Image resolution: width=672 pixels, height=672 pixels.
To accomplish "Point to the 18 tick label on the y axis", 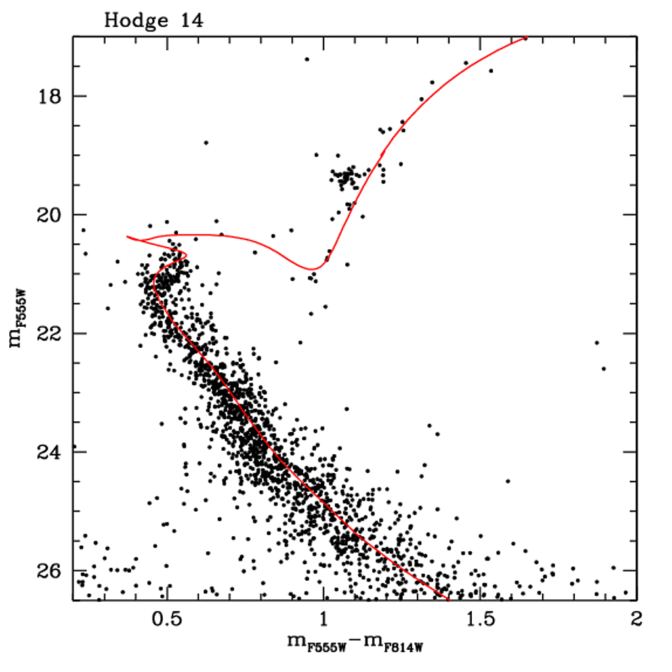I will (50, 96).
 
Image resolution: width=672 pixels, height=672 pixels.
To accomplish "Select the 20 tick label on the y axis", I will (50, 215).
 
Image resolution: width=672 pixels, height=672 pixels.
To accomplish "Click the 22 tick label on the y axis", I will (50, 333).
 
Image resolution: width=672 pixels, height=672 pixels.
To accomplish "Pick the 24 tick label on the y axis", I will (50, 452).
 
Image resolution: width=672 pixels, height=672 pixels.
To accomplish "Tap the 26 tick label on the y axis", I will (50, 570).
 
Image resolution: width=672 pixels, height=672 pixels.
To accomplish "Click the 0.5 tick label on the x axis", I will (167, 620).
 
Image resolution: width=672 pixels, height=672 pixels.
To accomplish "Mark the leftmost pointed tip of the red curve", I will (127, 237).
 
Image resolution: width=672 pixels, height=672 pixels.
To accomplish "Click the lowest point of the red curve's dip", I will (314, 269).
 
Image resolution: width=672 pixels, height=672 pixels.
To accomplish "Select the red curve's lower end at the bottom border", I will (449, 599).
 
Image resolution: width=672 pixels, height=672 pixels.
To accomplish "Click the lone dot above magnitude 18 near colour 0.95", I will (306, 60).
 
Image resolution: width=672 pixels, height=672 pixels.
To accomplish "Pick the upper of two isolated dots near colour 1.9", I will (597, 343).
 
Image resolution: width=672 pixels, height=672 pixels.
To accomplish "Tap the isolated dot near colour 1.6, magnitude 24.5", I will (508, 481).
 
